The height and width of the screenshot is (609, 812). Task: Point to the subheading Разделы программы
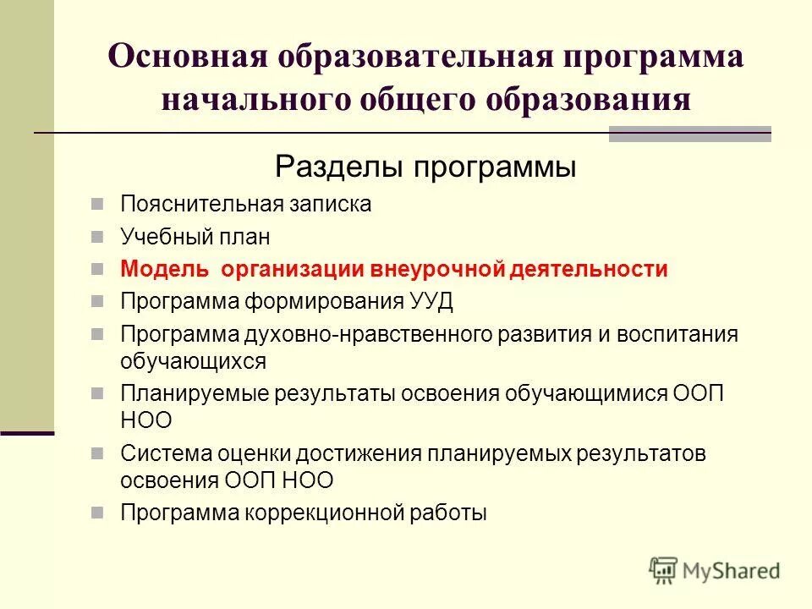click(x=425, y=167)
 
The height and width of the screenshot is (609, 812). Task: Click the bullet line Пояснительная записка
click(x=245, y=205)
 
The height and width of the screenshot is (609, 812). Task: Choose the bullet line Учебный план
click(x=195, y=238)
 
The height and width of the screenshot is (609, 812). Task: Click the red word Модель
click(x=164, y=270)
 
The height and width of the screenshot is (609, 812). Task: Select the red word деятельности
click(x=589, y=270)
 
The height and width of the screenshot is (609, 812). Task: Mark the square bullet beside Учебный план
click(x=98, y=238)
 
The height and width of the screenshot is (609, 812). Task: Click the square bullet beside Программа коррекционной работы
click(x=98, y=513)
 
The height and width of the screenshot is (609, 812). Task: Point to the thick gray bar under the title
click(x=690, y=134)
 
